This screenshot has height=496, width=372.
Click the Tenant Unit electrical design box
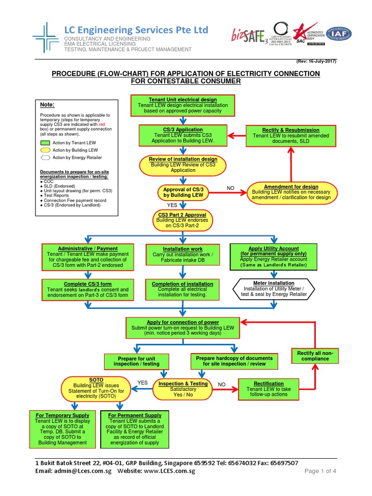(183, 105)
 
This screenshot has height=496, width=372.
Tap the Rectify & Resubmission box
(291, 135)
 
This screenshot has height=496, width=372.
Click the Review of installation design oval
(183, 165)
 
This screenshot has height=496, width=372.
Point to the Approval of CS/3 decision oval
(183, 192)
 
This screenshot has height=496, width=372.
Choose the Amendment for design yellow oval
(291, 192)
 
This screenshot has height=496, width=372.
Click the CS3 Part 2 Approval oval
(183, 219)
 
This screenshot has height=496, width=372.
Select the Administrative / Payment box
(88, 257)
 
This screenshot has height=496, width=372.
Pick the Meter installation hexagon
(274, 289)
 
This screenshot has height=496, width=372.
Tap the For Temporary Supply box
(62, 429)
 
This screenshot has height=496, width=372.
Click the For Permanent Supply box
(135, 429)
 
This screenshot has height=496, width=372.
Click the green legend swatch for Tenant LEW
(46, 143)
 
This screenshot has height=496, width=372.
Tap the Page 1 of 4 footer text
(320, 471)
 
